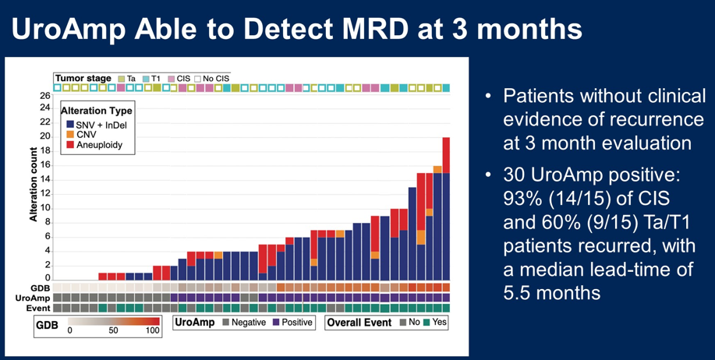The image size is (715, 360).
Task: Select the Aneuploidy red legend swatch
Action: pos(70,145)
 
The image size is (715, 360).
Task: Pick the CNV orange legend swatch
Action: pos(70,135)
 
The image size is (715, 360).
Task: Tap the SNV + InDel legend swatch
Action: pos(70,125)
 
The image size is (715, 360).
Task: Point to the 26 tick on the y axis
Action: pos(45,96)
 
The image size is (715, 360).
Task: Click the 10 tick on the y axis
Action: pos(45,208)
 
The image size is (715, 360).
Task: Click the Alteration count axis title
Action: pos(34,185)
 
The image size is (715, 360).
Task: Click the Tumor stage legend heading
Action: pos(83,79)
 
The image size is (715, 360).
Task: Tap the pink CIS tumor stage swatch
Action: pos(172,79)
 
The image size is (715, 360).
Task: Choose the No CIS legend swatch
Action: pos(198,79)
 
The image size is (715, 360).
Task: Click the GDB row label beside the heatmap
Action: pos(42,288)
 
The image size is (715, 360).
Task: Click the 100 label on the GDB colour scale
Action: pos(152,330)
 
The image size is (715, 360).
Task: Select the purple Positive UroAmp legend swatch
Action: pos(274,323)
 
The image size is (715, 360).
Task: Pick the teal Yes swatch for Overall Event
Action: pos(426,323)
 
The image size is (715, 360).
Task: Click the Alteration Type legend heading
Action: pos(97,111)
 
